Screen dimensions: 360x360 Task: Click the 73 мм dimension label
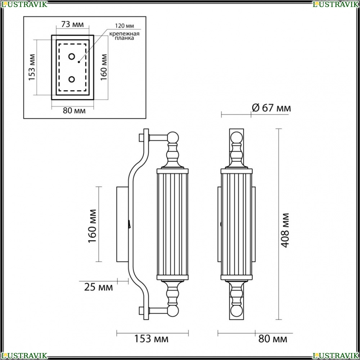pyautogui.click(x=72, y=24)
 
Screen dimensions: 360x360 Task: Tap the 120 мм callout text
pyautogui.click(x=125, y=26)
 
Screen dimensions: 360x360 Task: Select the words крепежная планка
pyautogui.click(x=124, y=36)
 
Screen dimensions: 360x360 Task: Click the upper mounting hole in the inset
pyautogui.click(x=72, y=57)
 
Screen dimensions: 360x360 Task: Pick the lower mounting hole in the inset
pyautogui.click(x=72, y=79)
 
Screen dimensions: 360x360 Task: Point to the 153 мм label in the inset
pyautogui.click(x=32, y=67)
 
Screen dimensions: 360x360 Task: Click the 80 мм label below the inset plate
pyautogui.click(x=74, y=111)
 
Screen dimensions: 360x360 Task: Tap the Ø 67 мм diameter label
pyautogui.click(x=271, y=108)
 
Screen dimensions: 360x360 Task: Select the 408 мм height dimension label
pyautogui.click(x=285, y=230)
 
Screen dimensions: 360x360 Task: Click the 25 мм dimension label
pyautogui.click(x=99, y=287)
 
